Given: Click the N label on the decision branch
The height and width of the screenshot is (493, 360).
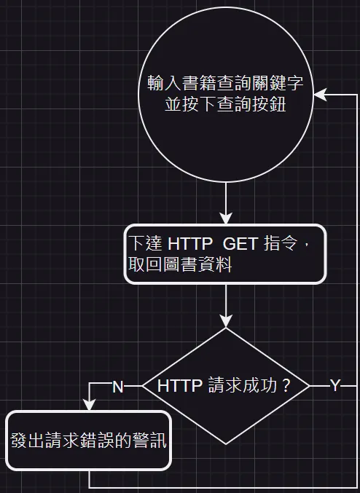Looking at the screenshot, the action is click(118, 387).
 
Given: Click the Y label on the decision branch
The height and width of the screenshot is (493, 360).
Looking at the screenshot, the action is click(335, 385).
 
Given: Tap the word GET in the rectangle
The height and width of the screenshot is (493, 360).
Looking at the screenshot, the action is click(240, 243).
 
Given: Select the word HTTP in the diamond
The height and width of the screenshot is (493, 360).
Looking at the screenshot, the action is click(180, 385).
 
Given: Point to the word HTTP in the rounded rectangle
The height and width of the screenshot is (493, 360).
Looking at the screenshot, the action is click(190, 243).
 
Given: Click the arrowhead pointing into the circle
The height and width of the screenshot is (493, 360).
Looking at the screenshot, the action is click(320, 95).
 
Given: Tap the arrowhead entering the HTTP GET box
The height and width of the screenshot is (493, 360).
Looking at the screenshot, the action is click(226, 218).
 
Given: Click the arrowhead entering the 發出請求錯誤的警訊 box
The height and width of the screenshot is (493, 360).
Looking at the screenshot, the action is click(90, 404).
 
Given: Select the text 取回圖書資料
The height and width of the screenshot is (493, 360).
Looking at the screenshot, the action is click(180, 264).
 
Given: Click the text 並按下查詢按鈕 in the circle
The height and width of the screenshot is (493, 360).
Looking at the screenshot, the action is click(225, 104).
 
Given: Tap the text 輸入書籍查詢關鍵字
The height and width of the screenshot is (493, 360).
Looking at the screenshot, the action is click(225, 83).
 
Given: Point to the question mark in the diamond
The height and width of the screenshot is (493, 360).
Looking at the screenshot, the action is click(286, 385).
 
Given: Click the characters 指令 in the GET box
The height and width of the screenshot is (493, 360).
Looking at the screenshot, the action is click(281, 243).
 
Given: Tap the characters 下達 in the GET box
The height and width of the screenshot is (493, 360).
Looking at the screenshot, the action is click(146, 243).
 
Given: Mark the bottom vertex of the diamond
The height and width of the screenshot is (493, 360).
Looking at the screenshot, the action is click(226, 444).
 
